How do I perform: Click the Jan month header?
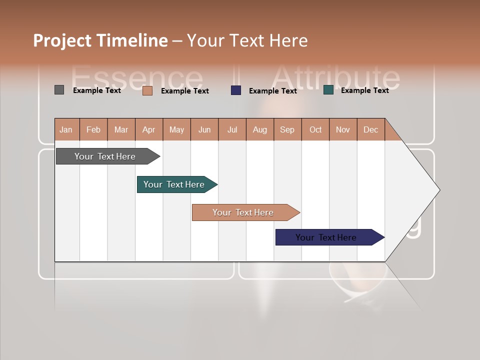pos(66,129)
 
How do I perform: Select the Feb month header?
pos(93,129)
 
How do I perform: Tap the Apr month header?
pos(148,129)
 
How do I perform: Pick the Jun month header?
pos(204,129)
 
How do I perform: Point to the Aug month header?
pos(259,129)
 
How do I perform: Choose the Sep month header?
pos(287,129)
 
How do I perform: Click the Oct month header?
pos(315,129)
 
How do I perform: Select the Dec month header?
pos(370,129)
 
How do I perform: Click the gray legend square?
pos(59,90)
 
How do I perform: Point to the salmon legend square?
pos(147,90)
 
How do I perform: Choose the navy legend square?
pos(236,90)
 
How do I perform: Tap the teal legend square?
pos(328,90)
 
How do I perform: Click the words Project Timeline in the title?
pos(100,40)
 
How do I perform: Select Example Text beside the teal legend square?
pos(364,90)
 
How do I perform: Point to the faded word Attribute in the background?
pos(335,77)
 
